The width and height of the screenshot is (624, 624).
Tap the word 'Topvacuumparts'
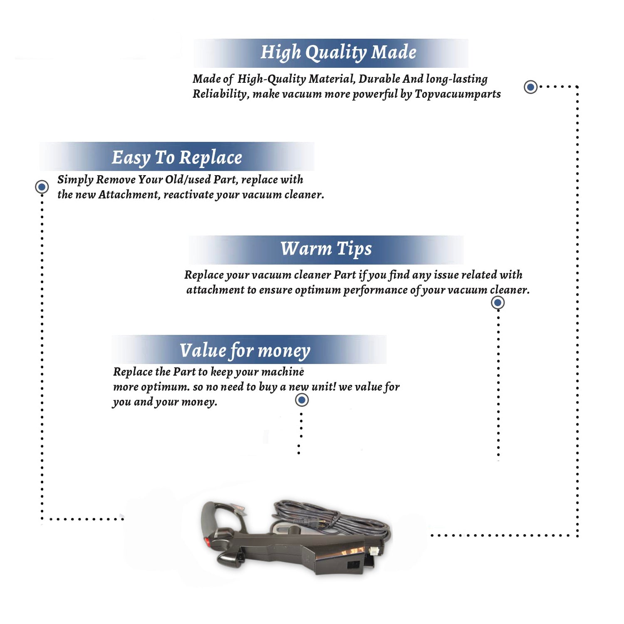(458, 94)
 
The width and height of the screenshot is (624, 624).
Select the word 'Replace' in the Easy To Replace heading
(210, 158)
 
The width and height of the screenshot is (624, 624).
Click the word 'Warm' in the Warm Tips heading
(306, 248)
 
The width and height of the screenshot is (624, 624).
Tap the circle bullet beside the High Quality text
(530, 87)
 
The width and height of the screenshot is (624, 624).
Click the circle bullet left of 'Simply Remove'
(42, 187)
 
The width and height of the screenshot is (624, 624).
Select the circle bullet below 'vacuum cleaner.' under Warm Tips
(498, 302)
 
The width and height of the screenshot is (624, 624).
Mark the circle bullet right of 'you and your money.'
(302, 400)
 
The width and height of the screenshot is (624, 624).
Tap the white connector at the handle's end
(373, 550)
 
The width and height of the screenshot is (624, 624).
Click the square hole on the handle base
(353, 565)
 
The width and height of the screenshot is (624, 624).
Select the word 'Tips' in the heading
(354, 249)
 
